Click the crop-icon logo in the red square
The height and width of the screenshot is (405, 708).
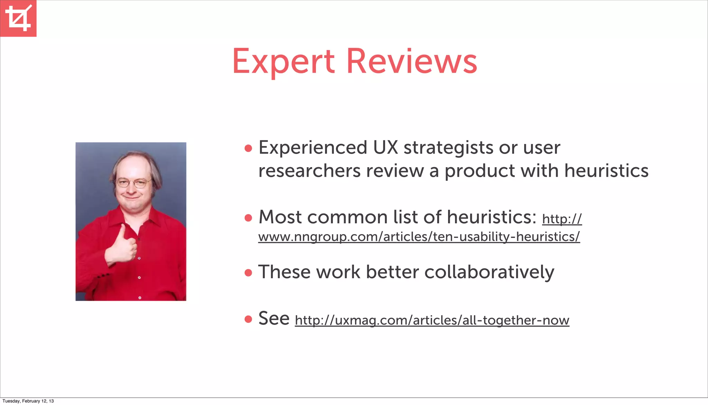[18, 18]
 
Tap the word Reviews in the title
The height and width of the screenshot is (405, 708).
[411, 61]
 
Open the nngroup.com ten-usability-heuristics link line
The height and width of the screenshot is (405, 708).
[419, 237]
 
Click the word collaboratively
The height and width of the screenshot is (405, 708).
[489, 272]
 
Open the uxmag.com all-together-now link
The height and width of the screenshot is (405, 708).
[432, 320]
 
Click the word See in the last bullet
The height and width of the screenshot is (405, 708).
[274, 318]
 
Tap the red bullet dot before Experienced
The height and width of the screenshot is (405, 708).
[248, 148]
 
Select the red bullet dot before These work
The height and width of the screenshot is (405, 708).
[248, 273]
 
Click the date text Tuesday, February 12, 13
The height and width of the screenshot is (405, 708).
[28, 401]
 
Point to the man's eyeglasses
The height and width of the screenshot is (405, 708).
[133, 183]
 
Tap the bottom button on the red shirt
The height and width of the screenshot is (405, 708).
[140, 298]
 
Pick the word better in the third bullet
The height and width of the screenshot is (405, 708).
[392, 272]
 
